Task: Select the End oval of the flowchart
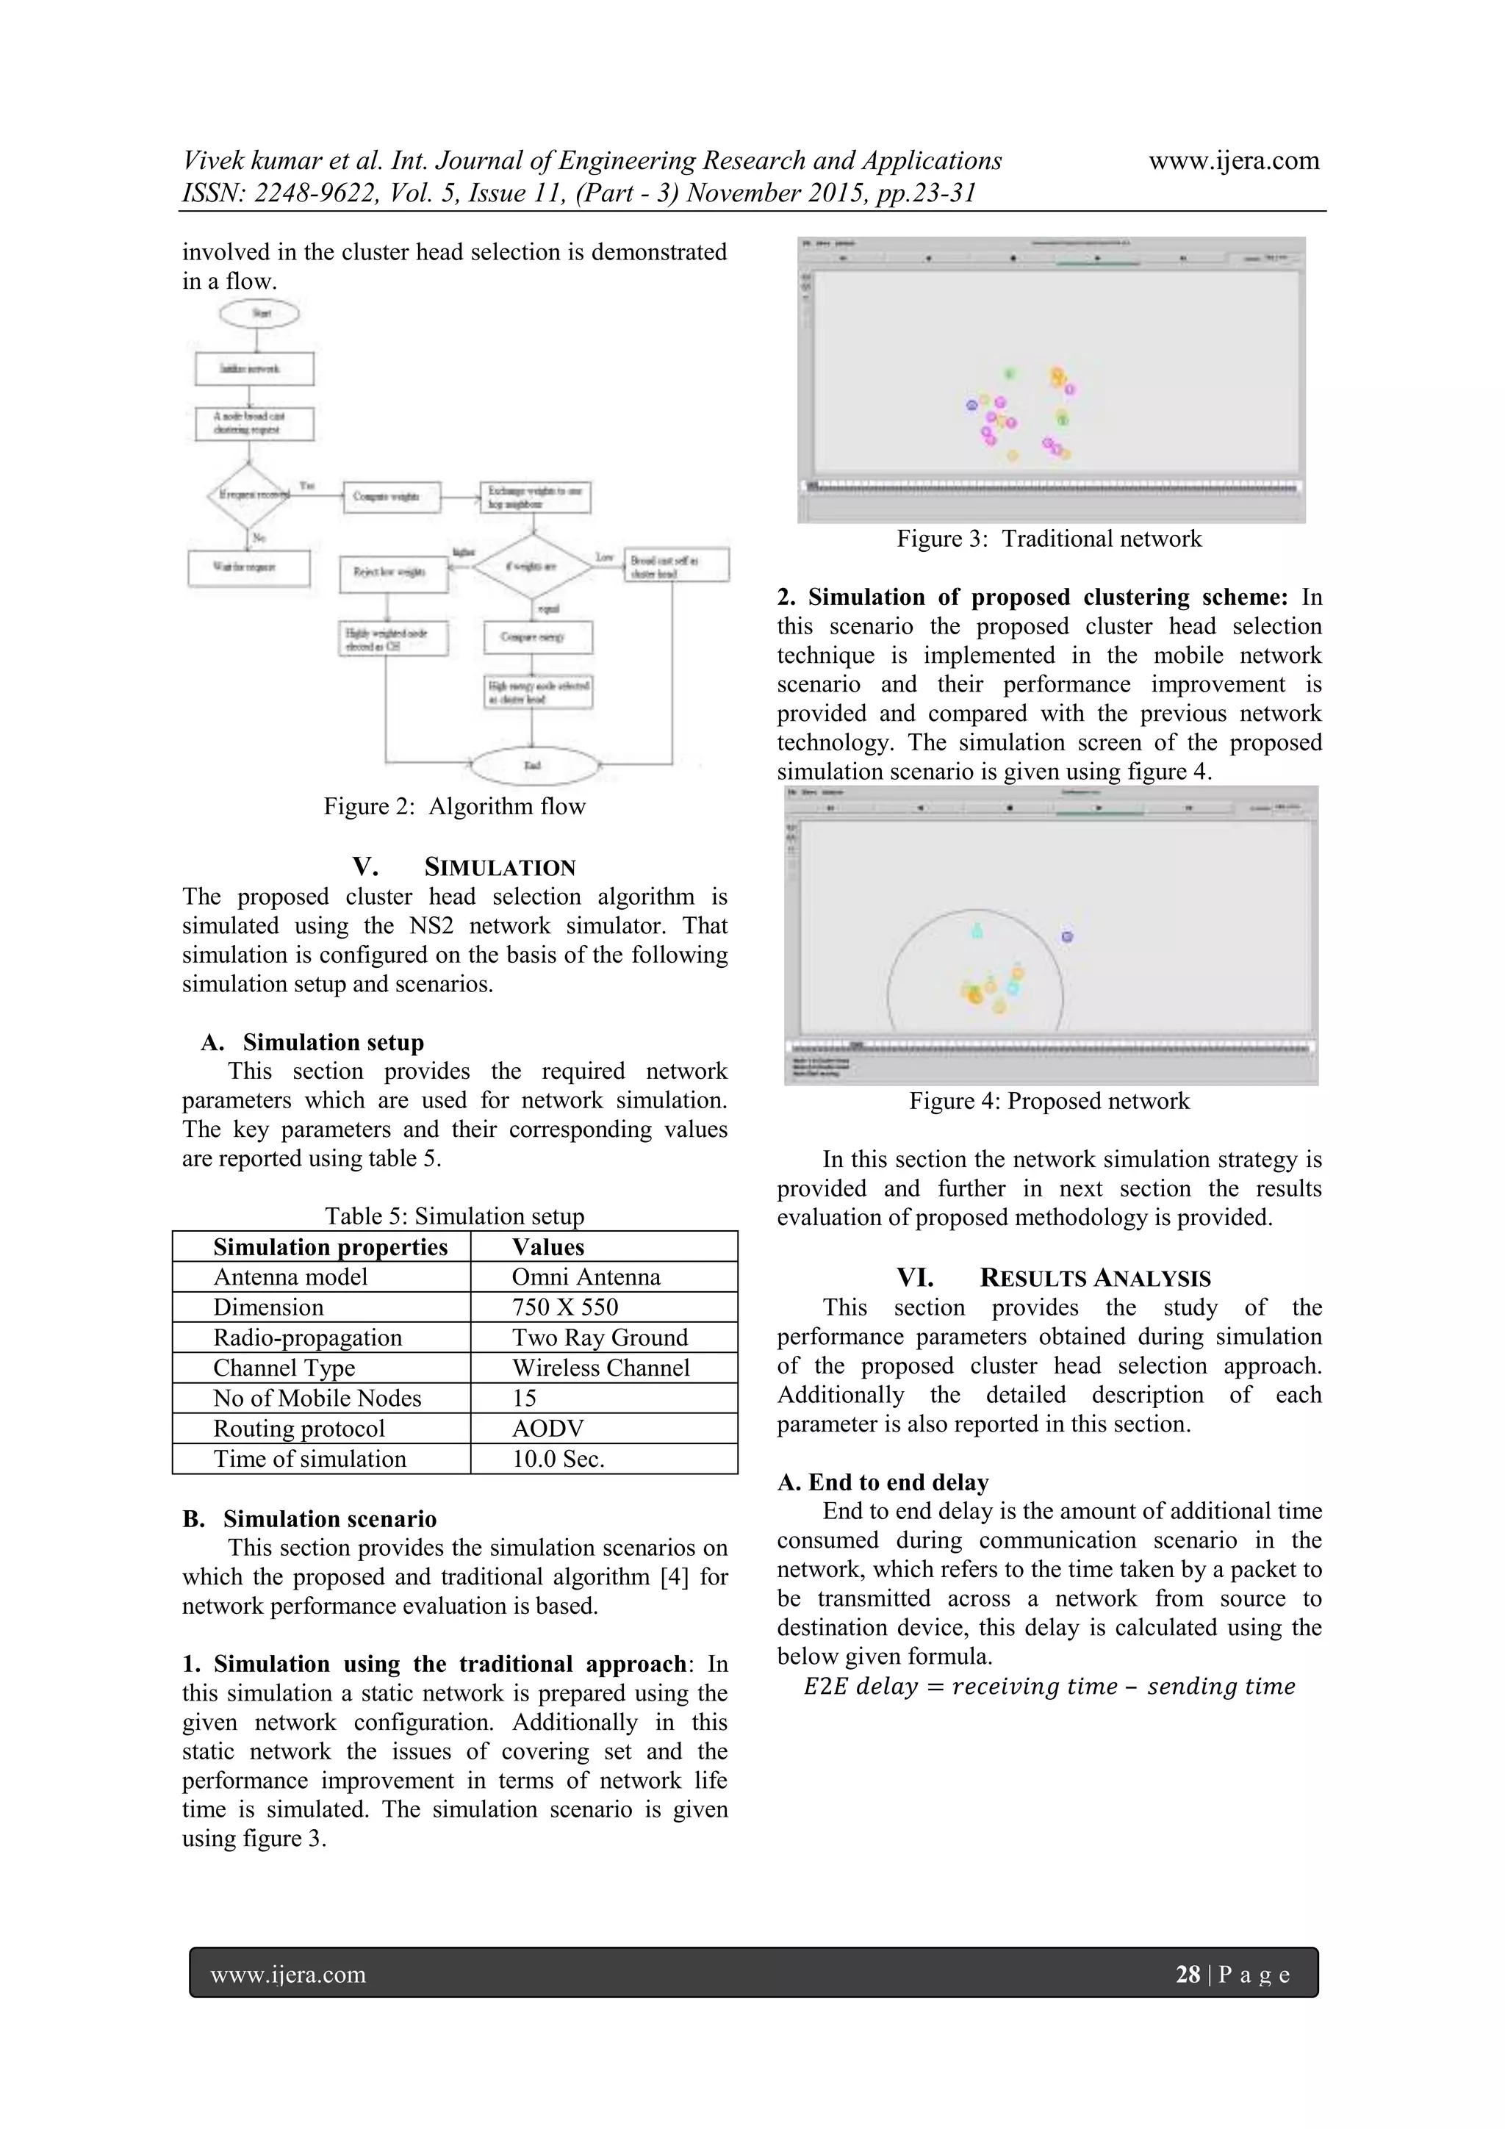pyautogui.click(x=534, y=766)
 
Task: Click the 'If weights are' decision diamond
pyautogui.click(x=532, y=566)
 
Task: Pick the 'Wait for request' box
pyautogui.click(x=248, y=567)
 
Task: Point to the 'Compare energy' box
pyautogui.click(x=538, y=637)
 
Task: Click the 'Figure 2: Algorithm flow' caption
pyautogui.click(x=454, y=807)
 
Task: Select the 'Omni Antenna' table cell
pyautogui.click(x=586, y=1277)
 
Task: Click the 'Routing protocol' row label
pyautogui.click(x=298, y=1428)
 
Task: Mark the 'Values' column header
pyautogui.click(x=548, y=1247)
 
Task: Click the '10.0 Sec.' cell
pyautogui.click(x=558, y=1459)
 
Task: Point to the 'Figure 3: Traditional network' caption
pyautogui.click(x=1049, y=539)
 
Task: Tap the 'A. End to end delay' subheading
pyautogui.click(x=883, y=1482)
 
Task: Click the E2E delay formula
pyautogui.click(x=1049, y=1686)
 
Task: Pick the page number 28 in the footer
pyautogui.click(x=1187, y=1974)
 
